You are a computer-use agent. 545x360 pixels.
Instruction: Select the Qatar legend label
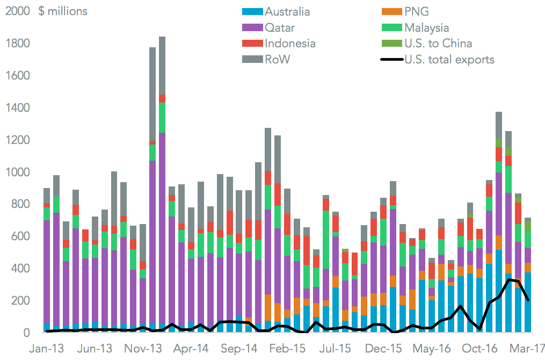[279, 28]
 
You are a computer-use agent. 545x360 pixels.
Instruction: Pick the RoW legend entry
[277, 60]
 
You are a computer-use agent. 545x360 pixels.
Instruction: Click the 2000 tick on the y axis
[17, 11]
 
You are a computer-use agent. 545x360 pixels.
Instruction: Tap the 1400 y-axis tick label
[17, 108]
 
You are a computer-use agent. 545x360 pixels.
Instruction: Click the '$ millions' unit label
[62, 11]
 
